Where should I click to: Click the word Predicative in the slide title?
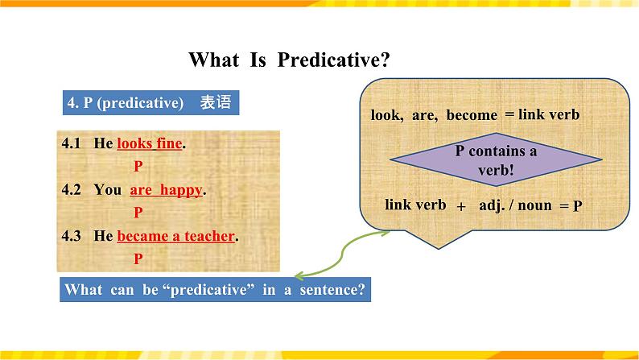[x=333, y=60]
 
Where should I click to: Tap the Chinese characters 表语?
[x=216, y=102]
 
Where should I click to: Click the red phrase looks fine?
[x=150, y=143]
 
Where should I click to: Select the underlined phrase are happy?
[x=166, y=190]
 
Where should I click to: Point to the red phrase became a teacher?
[x=176, y=236]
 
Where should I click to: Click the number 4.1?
[x=71, y=143]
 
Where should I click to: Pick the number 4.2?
[x=71, y=189]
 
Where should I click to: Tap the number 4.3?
[x=71, y=236]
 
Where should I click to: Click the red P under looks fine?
[x=138, y=166]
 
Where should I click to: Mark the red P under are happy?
[x=138, y=213]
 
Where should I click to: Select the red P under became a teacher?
[x=138, y=259]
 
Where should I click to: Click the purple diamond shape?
[x=496, y=159]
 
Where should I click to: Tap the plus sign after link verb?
[x=461, y=206]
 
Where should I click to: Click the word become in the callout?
[x=472, y=115]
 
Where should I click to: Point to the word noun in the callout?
[x=534, y=205]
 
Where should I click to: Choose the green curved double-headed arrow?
[x=341, y=252]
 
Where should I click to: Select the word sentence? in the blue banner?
[x=332, y=289]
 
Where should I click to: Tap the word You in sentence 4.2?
[x=108, y=189]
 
